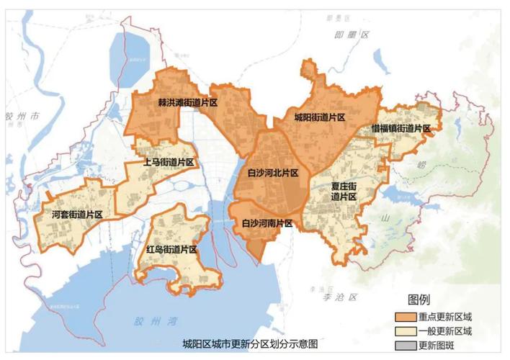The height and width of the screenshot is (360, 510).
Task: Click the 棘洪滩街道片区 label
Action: [x=188, y=104]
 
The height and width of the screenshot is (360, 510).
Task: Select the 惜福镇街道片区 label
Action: [x=401, y=128]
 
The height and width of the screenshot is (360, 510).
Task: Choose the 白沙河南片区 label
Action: [x=267, y=223]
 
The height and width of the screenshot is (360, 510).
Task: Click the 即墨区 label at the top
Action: [x=355, y=34]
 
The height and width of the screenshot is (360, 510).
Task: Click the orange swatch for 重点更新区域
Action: [x=403, y=317]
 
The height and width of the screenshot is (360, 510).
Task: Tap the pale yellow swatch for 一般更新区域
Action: [x=403, y=331]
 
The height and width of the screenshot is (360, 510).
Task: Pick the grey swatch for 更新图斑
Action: [x=403, y=346]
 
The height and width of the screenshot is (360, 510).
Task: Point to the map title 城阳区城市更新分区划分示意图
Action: [x=250, y=344]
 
